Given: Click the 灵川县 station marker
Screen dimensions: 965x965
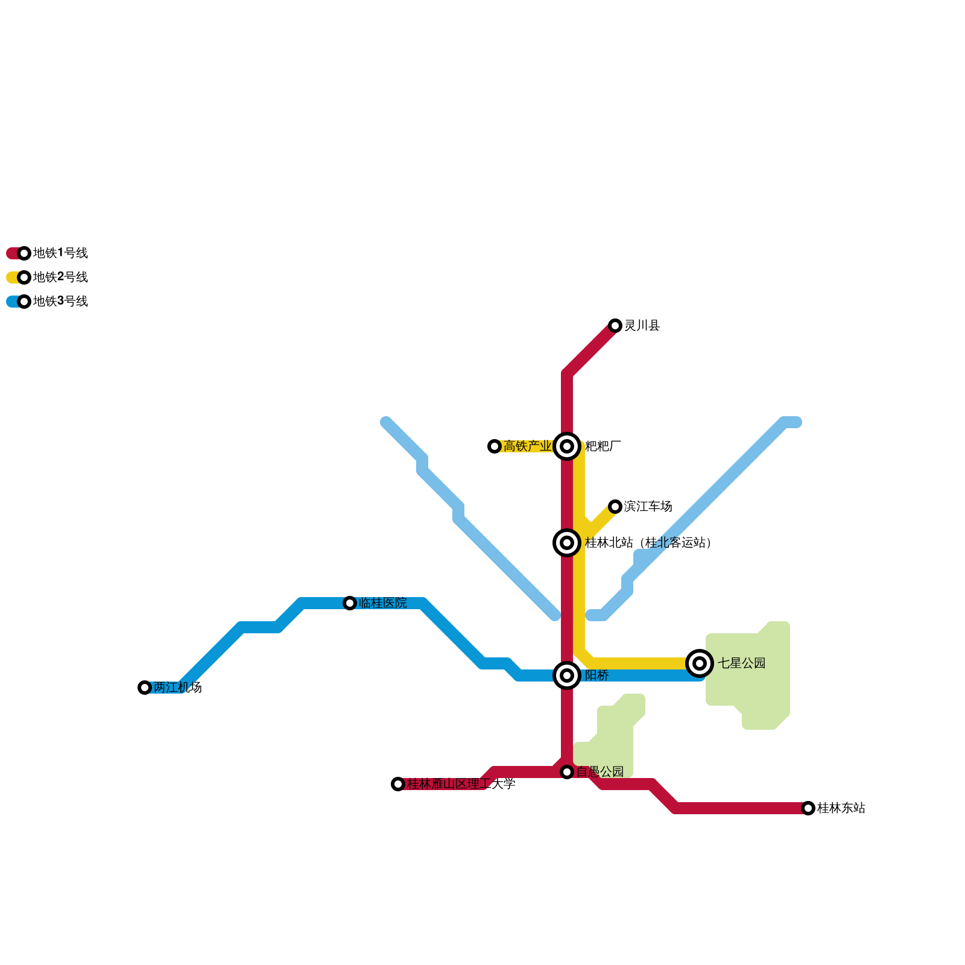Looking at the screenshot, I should click(615, 326).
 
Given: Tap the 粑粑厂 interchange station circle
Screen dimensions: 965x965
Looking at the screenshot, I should click(567, 446).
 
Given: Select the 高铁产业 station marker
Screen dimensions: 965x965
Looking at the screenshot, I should click(495, 446).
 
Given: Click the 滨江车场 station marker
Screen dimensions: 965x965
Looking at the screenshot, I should click(615, 507).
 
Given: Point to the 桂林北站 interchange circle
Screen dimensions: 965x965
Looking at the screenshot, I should click(567, 543).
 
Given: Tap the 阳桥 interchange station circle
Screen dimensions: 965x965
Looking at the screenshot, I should click(567, 675).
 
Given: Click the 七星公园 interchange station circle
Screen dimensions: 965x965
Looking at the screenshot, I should click(700, 663).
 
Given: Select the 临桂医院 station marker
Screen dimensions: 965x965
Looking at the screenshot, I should click(350, 603).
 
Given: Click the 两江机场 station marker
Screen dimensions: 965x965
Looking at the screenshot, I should click(145, 688).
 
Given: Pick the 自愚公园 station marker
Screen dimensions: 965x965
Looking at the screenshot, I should click(567, 772).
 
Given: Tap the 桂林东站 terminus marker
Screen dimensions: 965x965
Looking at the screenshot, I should click(808, 808).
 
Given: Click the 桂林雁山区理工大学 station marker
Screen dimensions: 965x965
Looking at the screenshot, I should click(398, 784).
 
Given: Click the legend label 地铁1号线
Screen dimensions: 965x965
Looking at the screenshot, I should click(60, 253).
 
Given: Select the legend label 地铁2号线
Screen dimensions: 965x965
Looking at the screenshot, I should click(60, 277).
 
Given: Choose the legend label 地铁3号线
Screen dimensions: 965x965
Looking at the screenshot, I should click(60, 302).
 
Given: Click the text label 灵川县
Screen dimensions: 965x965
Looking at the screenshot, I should click(642, 326).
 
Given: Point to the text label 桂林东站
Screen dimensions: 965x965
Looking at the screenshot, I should click(841, 808).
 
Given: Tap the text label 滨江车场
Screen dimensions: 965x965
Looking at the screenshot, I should click(648, 507).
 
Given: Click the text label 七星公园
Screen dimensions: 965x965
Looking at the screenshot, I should click(742, 663).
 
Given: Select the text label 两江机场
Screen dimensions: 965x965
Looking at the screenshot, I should click(178, 688).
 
